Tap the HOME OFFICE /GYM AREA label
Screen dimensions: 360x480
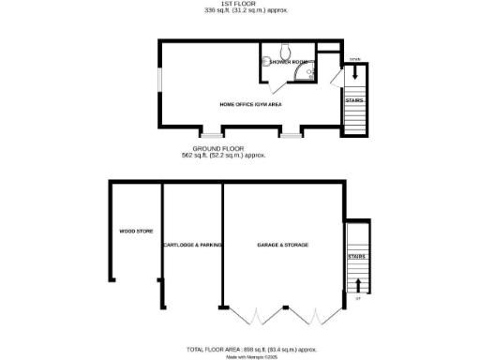point(250,103)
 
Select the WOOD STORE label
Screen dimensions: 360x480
point(135,230)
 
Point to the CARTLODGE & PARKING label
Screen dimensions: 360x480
point(192,245)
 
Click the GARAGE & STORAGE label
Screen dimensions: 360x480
point(282,245)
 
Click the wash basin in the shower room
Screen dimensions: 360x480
point(266,62)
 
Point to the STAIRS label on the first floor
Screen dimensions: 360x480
point(354,100)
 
